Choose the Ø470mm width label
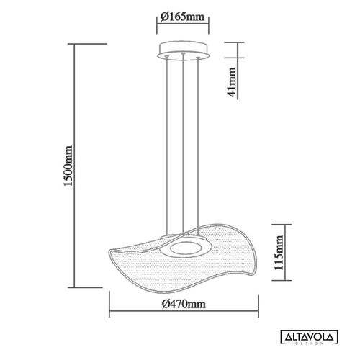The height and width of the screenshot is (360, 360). [183, 305]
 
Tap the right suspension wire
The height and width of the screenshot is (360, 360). [196, 144]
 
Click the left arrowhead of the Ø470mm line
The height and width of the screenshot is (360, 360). [111, 313]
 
